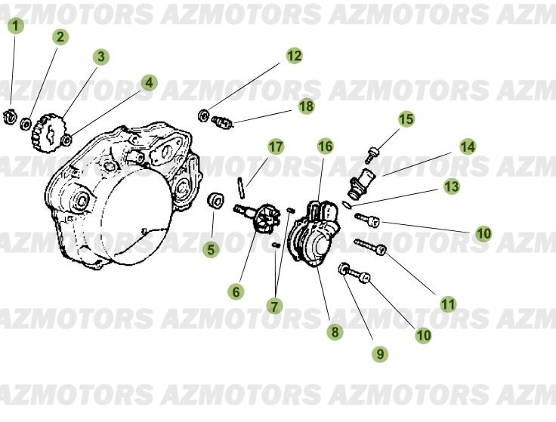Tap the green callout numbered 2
[60, 36]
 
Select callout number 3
[100, 57]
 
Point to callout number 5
[212, 248]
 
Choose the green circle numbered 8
[333, 331]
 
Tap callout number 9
[379, 353]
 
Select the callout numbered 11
[448, 304]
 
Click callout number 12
[294, 55]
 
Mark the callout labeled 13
[452, 186]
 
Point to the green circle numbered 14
[468, 146]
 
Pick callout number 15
[406, 119]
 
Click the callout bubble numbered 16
[325, 146]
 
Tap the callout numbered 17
[276, 146]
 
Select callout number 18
[305, 106]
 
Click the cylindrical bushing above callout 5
[216, 200]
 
